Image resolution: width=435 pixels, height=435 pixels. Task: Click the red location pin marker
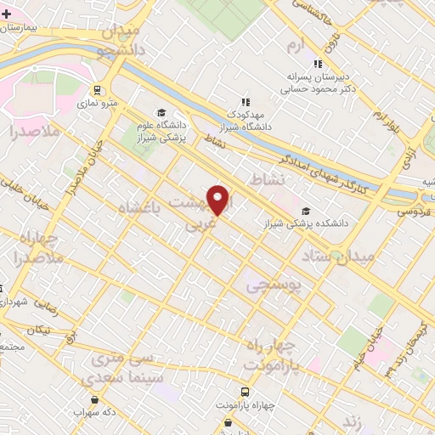218,200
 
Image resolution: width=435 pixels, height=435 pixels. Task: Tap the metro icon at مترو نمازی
98,89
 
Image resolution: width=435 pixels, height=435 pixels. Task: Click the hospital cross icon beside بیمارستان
7,15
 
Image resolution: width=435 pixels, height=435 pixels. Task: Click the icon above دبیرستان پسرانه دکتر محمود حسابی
318,63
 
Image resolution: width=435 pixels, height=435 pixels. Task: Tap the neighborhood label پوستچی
274,287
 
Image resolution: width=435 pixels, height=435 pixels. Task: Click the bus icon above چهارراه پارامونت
246,392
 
